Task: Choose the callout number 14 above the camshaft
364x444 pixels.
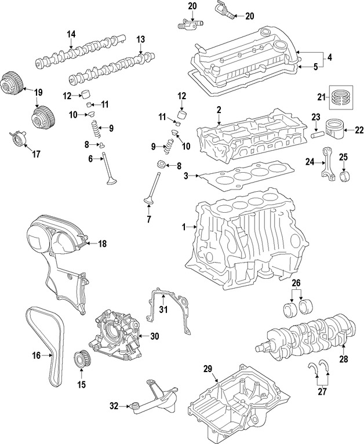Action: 71,35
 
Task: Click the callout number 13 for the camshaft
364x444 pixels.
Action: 141,39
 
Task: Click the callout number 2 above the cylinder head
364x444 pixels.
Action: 219,110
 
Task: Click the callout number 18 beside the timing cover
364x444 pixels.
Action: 102,243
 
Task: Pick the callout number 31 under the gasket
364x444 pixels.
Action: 163,310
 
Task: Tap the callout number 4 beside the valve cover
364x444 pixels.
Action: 329,57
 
